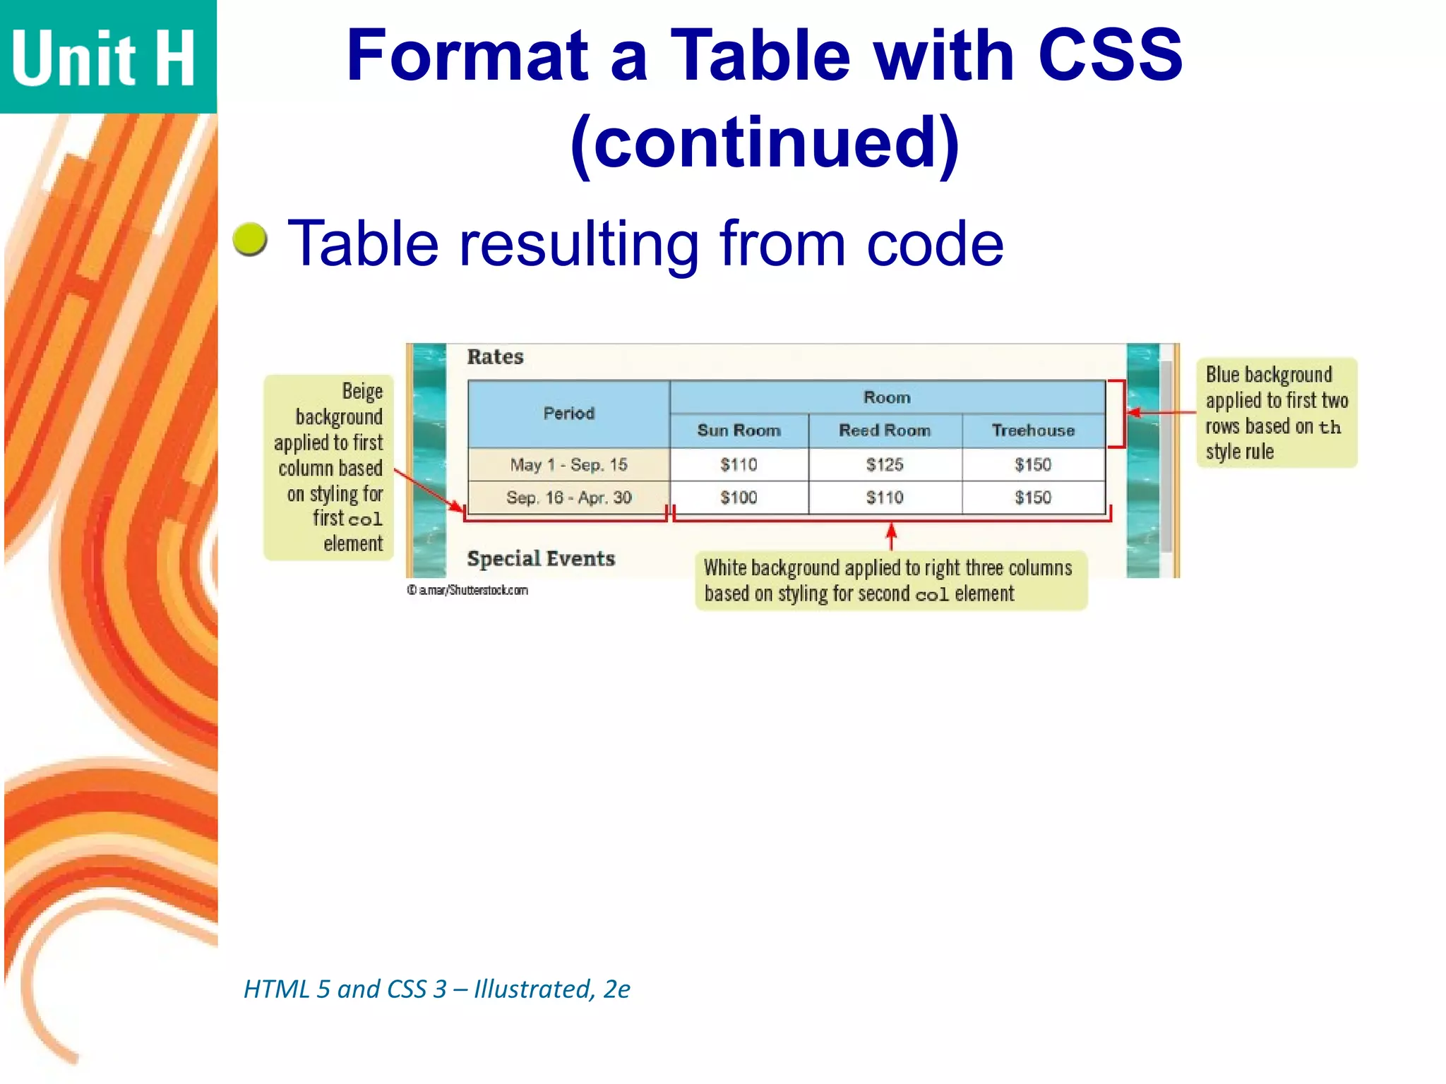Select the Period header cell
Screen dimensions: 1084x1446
[x=568, y=414]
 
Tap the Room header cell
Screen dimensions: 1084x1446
[x=887, y=397]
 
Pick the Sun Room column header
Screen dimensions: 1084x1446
[x=739, y=430]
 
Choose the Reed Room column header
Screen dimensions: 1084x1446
[x=885, y=430]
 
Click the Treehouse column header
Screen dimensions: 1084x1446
[x=1033, y=430]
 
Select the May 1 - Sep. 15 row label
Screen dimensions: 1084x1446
[x=568, y=464]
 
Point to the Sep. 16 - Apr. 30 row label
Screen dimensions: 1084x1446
[x=568, y=498]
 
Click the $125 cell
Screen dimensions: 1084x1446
[x=885, y=464]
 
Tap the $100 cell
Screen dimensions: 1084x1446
[x=739, y=498]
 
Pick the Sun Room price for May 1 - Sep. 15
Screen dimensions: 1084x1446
[x=739, y=464]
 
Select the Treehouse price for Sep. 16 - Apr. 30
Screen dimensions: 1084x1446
[x=1033, y=498]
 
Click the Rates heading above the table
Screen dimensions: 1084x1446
[x=495, y=357]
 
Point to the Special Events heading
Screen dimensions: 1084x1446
[x=541, y=559]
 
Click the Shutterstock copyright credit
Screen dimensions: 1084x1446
[x=467, y=590]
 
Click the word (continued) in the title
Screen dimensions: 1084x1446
[x=765, y=143]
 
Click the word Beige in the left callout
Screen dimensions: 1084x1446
[x=362, y=391]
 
